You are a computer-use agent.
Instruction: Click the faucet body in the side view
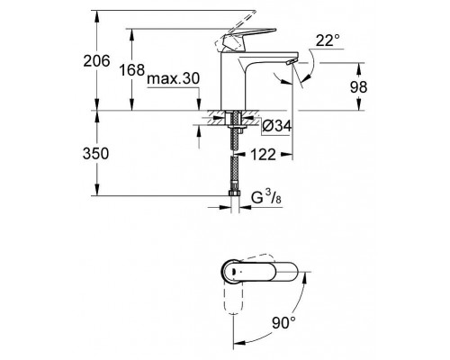(243, 85)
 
